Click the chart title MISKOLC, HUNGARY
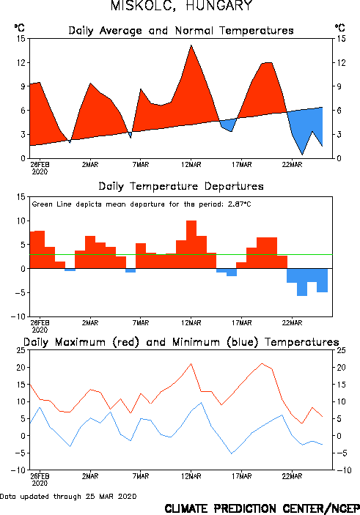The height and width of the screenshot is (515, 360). point(181,6)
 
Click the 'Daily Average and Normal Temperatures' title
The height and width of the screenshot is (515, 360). point(181,31)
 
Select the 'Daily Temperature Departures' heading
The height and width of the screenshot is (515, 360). point(181,186)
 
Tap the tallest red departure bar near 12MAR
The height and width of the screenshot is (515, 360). point(191,245)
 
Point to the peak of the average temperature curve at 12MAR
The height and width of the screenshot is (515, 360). point(191,45)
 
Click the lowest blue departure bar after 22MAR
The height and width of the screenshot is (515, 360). point(302,282)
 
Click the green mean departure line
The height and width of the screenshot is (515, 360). point(181,254)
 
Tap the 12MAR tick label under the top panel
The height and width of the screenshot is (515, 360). point(191,165)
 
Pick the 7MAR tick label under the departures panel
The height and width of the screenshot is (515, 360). point(141,323)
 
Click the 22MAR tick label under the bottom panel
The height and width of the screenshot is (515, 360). point(292,476)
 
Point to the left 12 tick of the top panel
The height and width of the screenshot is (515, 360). point(21,62)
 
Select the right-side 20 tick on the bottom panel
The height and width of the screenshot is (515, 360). point(341,367)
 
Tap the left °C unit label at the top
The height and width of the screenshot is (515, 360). point(19,28)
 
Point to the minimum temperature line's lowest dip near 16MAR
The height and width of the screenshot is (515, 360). point(232,453)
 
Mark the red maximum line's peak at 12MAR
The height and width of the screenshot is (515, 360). point(191,363)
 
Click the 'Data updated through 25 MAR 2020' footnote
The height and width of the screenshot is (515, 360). point(68,496)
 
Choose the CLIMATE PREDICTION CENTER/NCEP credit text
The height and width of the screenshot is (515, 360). point(262,508)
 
